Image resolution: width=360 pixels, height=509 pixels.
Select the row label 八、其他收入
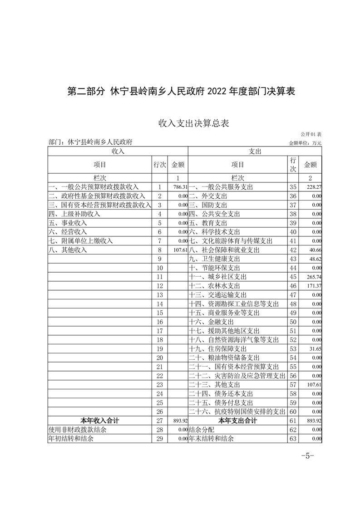[68, 250]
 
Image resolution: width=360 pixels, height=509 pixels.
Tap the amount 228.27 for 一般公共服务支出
[313, 187]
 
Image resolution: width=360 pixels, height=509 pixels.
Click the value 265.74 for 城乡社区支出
[313, 277]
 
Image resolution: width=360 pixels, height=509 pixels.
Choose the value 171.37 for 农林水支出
[313, 286]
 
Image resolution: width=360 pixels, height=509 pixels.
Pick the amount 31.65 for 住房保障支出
[314, 349]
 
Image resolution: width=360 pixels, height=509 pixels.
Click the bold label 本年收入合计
[100, 421]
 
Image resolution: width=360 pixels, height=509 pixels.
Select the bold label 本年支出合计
[238, 421]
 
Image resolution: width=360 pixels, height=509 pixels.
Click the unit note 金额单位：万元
[305, 143]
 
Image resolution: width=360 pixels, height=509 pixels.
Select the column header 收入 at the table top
[118, 152]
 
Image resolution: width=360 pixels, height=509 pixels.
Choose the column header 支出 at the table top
[255, 152]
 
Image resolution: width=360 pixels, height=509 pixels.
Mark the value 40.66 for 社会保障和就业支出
[315, 250]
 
